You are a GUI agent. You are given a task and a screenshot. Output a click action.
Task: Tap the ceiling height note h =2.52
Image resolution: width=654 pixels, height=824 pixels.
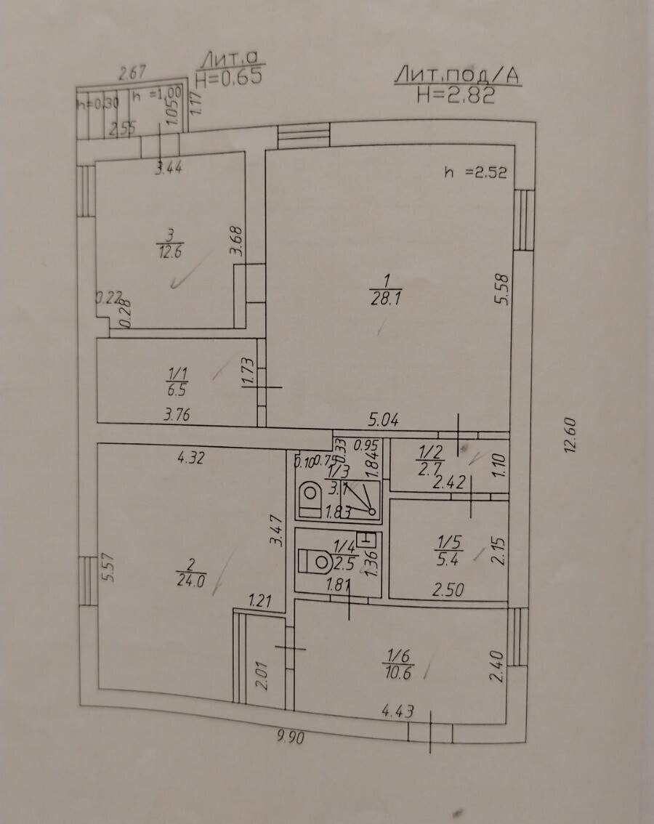click(x=475, y=173)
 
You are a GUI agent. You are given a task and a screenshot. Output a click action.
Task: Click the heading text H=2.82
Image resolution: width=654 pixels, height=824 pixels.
click(x=456, y=95)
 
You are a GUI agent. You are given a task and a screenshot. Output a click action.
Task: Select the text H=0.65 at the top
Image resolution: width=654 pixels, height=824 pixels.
click(x=228, y=77)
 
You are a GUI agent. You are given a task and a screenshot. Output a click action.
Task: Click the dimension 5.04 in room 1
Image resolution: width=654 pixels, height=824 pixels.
click(x=384, y=420)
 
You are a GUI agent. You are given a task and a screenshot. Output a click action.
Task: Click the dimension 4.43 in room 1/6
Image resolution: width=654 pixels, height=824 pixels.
click(x=397, y=711)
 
